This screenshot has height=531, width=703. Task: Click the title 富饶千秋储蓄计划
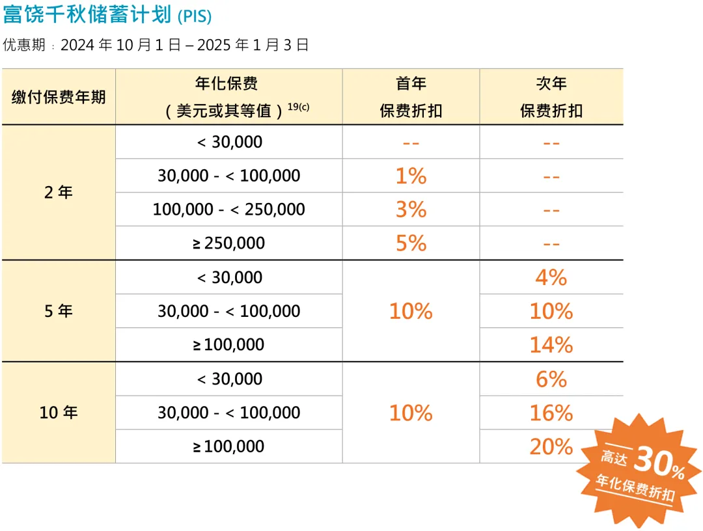87,15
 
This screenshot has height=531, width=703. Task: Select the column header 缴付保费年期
59,97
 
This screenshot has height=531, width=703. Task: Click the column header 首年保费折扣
411,97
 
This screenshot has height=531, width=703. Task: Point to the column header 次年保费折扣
551,97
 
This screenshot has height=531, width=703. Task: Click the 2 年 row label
59,193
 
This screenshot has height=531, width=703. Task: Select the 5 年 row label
59,311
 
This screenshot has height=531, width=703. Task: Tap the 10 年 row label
59,413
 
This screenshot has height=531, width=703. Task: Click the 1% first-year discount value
411,176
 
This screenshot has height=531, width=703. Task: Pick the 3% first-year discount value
411,210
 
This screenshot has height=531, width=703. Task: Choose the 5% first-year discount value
411,243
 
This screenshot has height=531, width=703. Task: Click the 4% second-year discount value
551,278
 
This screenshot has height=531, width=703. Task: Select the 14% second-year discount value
551,345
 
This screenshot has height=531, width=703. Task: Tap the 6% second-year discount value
551,379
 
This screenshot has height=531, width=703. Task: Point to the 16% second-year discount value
551,413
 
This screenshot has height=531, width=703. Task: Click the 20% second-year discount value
551,447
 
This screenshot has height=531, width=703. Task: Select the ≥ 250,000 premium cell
228,243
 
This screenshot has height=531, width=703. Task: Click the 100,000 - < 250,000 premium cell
228,210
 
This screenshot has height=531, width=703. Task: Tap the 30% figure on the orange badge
658,462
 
